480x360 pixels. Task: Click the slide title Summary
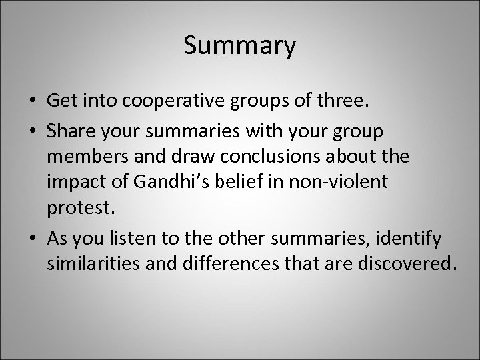point(239,46)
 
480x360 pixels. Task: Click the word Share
point(70,131)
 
